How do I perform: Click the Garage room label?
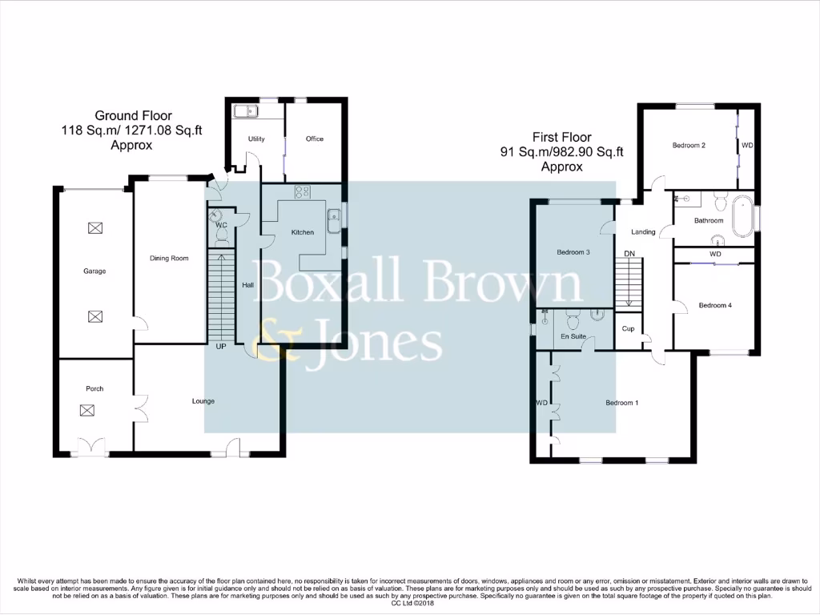tap(94, 271)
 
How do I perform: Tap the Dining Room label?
tap(169, 259)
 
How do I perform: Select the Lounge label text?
tap(203, 401)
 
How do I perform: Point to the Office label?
tap(315, 139)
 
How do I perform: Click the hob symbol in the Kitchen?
tap(303, 192)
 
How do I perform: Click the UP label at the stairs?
tap(220, 348)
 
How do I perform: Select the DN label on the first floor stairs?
tap(629, 254)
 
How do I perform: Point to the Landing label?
tap(643, 232)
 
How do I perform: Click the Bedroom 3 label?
tap(573, 252)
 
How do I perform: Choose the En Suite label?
tap(572, 337)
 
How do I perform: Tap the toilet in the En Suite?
tap(572, 321)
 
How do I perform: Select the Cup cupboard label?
tap(628, 329)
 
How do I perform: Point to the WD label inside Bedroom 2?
tap(747, 146)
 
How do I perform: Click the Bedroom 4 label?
tap(714, 305)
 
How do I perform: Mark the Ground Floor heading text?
tap(133, 116)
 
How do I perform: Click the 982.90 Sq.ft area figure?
tap(592, 152)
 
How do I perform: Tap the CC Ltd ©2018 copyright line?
tap(410, 603)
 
